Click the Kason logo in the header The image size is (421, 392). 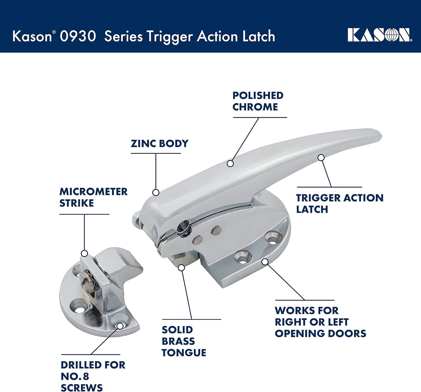[380, 35]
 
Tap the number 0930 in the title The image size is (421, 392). [78, 36]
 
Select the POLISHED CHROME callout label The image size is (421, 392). [258, 101]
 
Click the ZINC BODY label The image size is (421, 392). [159, 143]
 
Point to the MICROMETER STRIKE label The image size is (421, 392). [94, 197]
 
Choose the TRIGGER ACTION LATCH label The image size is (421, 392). [340, 204]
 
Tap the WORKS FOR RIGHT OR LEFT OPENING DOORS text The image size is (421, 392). [320, 322]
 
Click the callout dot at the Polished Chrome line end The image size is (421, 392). [230, 164]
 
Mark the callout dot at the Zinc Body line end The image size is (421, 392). [156, 193]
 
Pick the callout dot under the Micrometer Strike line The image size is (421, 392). [84, 253]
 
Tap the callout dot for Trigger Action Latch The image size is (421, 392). [321, 158]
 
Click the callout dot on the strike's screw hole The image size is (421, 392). [120, 326]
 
